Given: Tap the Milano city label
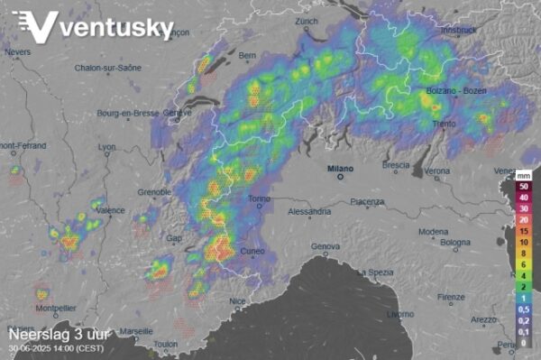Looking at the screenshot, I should (x=341, y=168).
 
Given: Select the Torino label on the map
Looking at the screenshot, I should (x=259, y=198).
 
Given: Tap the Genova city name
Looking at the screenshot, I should (x=326, y=246).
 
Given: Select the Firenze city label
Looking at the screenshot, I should (x=451, y=297).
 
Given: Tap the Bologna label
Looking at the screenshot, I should (x=456, y=242).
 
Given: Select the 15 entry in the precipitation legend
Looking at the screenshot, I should (x=523, y=230).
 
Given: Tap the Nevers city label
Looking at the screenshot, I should (x=17, y=52).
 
